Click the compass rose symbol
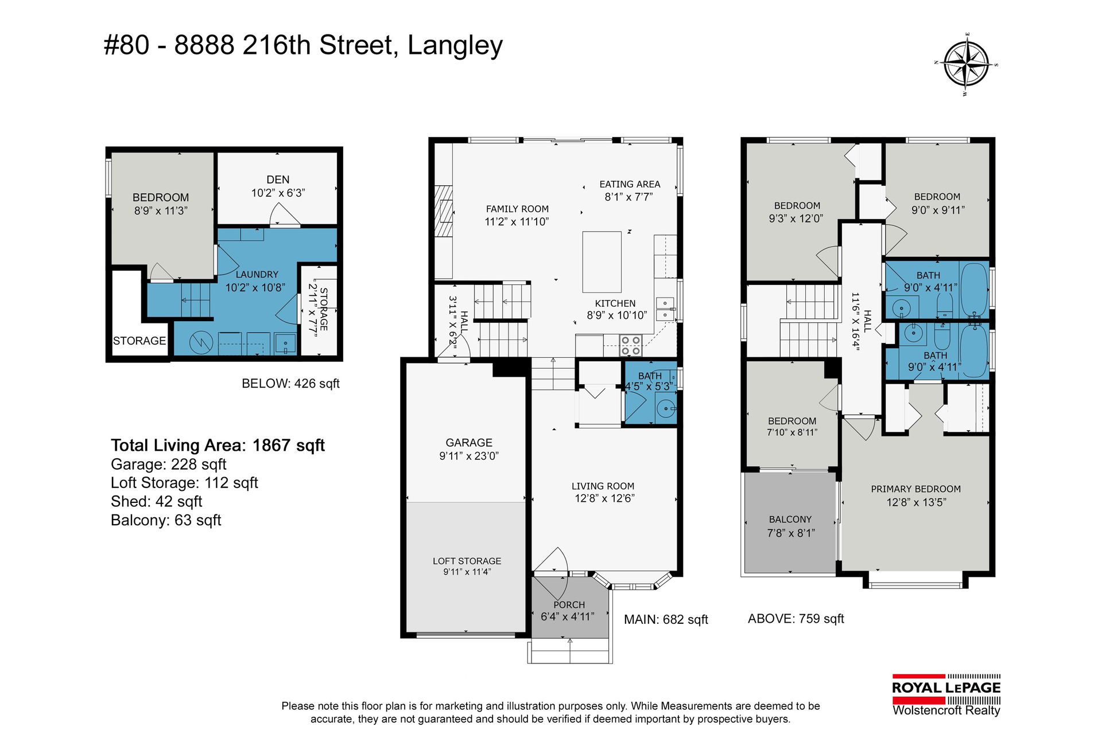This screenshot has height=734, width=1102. coord(968,63)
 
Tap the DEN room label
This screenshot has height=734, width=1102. coord(278,179)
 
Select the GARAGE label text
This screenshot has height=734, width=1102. coord(469,443)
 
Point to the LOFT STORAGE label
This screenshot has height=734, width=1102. coord(467,561)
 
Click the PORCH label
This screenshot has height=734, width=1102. coord(569,605)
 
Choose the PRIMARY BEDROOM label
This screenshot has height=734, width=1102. coord(915,489)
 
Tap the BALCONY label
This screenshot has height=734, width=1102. coord(790,520)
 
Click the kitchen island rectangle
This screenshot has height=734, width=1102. coord(602,262)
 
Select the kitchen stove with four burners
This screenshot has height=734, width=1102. coord(630,346)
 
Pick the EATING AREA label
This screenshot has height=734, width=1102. coord(630,184)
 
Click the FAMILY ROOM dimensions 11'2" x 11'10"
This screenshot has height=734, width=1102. coord(517,222)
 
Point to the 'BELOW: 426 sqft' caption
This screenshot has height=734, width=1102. coord(290,384)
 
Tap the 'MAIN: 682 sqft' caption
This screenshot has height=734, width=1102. coord(666,620)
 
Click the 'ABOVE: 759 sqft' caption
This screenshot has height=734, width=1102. coord(796,619)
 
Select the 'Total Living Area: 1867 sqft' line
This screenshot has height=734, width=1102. coord(218,446)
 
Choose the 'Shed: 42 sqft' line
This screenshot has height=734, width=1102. coord(156,502)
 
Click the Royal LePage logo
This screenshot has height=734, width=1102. coord(946,695)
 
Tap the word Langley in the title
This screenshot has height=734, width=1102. coord(455,46)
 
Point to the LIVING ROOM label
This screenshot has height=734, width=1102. coord(603,486)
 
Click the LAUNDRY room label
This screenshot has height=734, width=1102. coord(257,275)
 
